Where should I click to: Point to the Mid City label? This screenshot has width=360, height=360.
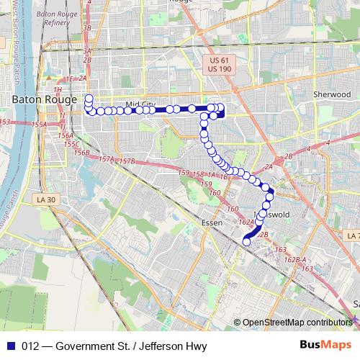click(140, 105)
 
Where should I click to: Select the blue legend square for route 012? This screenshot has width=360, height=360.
click(10, 345)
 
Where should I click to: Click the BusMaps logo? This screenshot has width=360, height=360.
click(329, 345)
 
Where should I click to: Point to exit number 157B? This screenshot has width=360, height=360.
click(127, 161)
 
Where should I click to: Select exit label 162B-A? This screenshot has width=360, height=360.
click(294, 259)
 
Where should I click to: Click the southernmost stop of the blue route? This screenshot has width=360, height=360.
click(247, 242)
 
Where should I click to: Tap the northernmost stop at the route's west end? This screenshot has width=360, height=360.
click(89, 97)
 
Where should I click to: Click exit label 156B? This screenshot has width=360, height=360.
click(81, 153)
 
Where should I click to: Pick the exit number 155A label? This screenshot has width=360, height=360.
click(39, 125)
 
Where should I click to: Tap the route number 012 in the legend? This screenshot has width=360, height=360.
click(29, 345)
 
